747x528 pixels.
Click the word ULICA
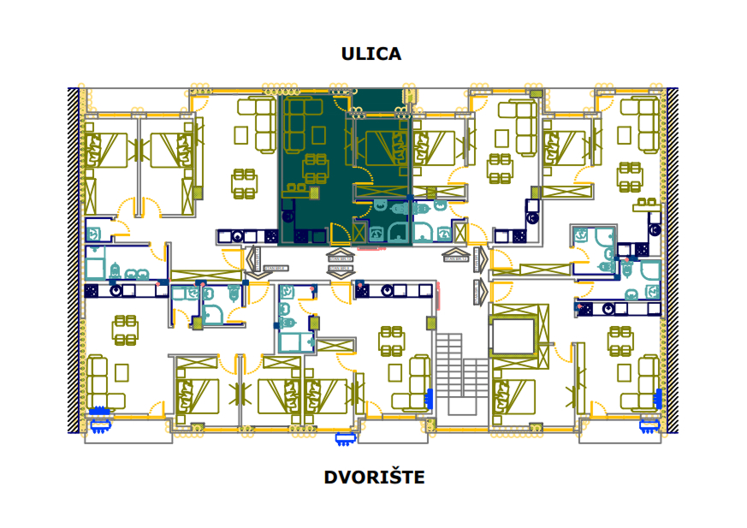(x=371, y=54)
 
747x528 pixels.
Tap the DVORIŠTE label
(x=374, y=477)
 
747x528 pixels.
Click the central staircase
(x=461, y=376)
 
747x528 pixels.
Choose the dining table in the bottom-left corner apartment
(x=125, y=330)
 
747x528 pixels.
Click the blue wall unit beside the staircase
(x=429, y=399)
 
